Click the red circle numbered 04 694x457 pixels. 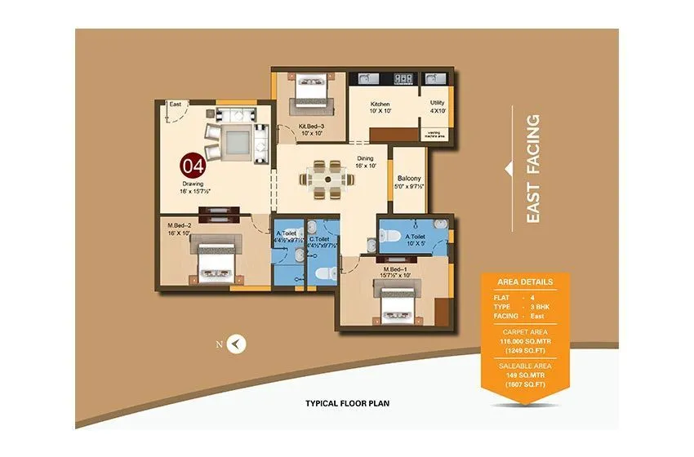(193, 166)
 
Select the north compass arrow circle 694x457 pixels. (236, 344)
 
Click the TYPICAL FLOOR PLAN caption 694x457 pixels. (346, 403)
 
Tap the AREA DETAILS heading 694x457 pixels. (524, 282)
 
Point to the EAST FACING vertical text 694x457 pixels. (532, 168)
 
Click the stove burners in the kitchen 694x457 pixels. (403, 79)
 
